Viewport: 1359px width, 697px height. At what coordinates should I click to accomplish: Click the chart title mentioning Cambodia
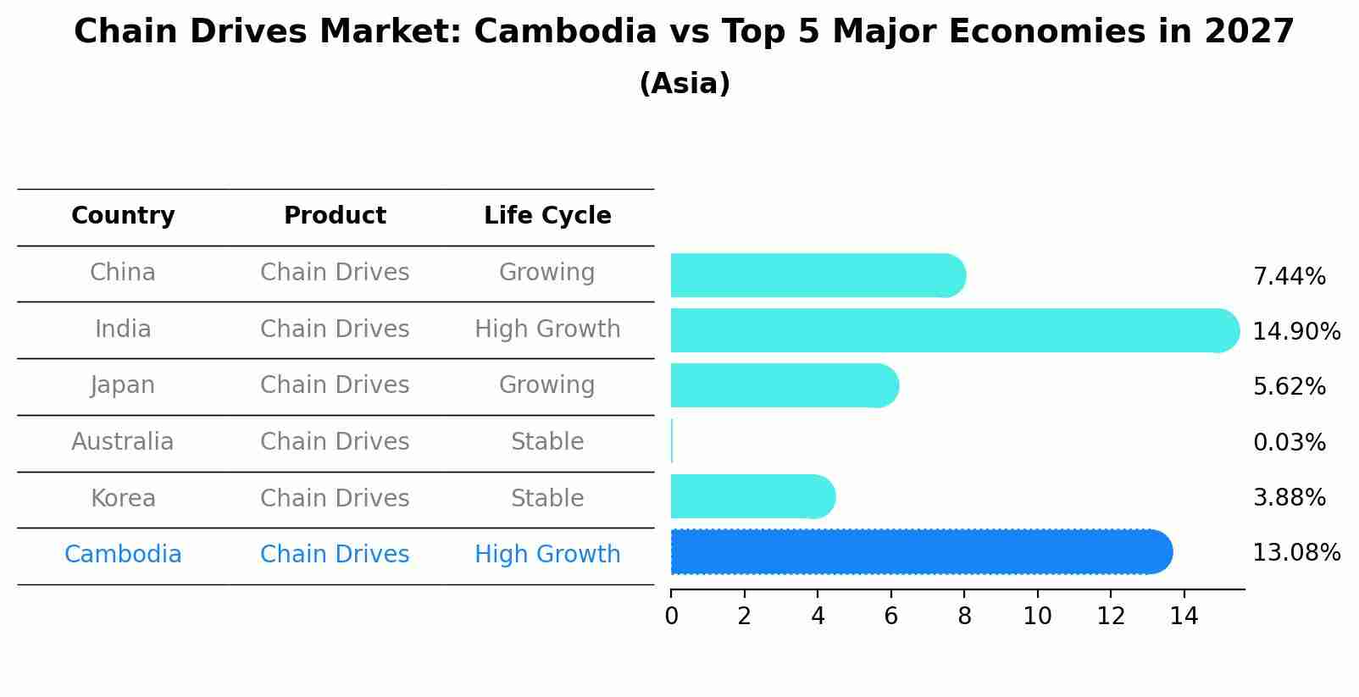click(684, 32)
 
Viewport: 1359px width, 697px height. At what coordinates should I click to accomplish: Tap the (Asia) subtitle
click(684, 84)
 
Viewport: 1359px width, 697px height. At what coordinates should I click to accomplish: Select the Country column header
click(123, 216)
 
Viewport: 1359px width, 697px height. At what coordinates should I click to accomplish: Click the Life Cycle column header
click(547, 216)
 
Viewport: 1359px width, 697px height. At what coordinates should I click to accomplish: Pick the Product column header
click(335, 216)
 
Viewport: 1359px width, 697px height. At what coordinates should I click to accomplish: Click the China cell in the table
click(123, 273)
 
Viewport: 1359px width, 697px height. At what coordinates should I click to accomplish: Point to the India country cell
click(123, 329)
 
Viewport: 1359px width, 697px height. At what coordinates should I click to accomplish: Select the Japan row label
click(123, 385)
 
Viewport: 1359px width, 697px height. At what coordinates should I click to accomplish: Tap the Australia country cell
click(123, 442)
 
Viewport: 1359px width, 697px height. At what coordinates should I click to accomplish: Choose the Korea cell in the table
click(123, 498)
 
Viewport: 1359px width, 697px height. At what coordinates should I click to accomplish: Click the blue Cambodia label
click(123, 555)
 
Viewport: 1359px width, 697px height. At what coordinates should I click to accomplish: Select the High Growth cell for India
click(547, 329)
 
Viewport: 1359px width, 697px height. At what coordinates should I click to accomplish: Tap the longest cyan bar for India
click(954, 330)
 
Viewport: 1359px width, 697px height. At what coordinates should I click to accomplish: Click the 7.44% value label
click(1289, 277)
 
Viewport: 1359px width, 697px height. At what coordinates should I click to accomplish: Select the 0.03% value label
click(1289, 443)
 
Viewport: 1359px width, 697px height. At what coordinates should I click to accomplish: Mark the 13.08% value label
click(1296, 553)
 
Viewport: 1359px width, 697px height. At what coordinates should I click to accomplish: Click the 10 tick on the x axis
click(1037, 617)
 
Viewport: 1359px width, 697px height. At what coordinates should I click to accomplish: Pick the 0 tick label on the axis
click(672, 617)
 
